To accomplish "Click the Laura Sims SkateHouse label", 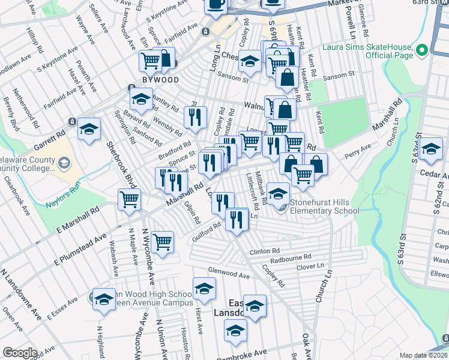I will tap(367, 51).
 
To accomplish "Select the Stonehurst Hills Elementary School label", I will tap(325, 206).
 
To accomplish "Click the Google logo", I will tap(19, 352).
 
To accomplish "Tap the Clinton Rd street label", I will tap(264, 251).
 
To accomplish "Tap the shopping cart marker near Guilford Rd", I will tap(162, 242).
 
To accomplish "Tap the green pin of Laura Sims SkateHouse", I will tap(421, 50).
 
